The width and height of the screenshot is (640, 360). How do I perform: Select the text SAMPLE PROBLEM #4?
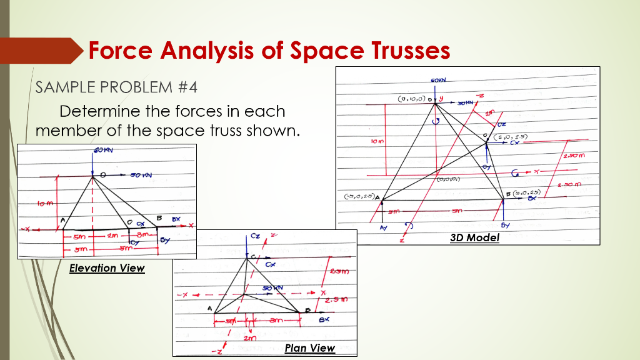(x=117, y=87)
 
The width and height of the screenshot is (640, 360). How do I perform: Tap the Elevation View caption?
(x=107, y=268)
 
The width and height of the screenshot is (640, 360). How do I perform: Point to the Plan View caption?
(x=309, y=348)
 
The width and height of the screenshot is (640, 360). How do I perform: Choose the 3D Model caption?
(x=474, y=237)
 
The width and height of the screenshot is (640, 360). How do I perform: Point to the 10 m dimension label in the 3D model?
(x=376, y=142)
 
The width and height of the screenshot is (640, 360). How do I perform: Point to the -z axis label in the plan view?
(x=216, y=352)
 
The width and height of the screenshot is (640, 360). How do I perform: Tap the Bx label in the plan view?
(x=324, y=319)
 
